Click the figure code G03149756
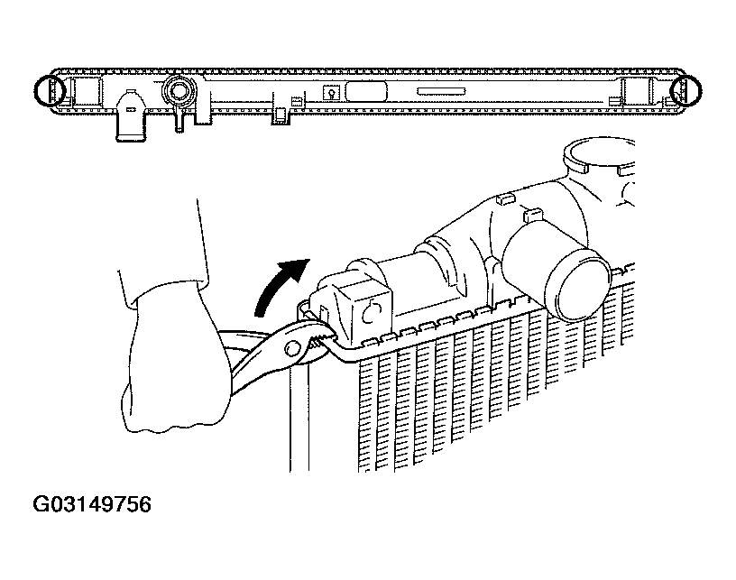coord(92,504)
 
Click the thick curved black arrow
coord(277,284)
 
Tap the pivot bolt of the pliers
coord(292,348)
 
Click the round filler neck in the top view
coord(179,90)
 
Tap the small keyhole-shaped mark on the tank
coord(331,92)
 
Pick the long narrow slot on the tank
coord(441,91)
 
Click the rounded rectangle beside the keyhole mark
coord(366,91)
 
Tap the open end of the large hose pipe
coord(581,286)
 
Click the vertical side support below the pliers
coord(299,413)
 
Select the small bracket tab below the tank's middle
coord(281,113)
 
